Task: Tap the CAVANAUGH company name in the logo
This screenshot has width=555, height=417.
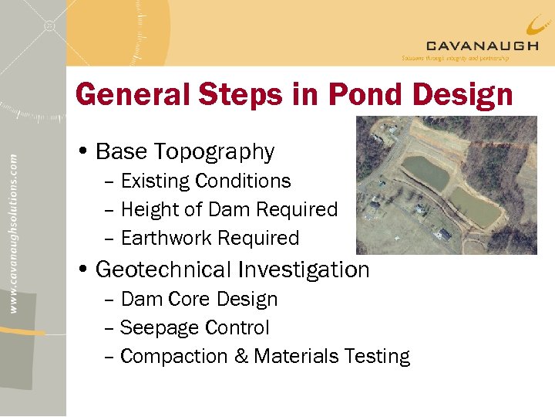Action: point(482,46)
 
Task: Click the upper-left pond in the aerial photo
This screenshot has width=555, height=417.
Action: point(426,171)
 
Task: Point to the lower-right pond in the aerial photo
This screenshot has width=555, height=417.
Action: point(473,205)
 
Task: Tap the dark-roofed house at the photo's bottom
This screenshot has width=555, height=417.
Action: point(443,235)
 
